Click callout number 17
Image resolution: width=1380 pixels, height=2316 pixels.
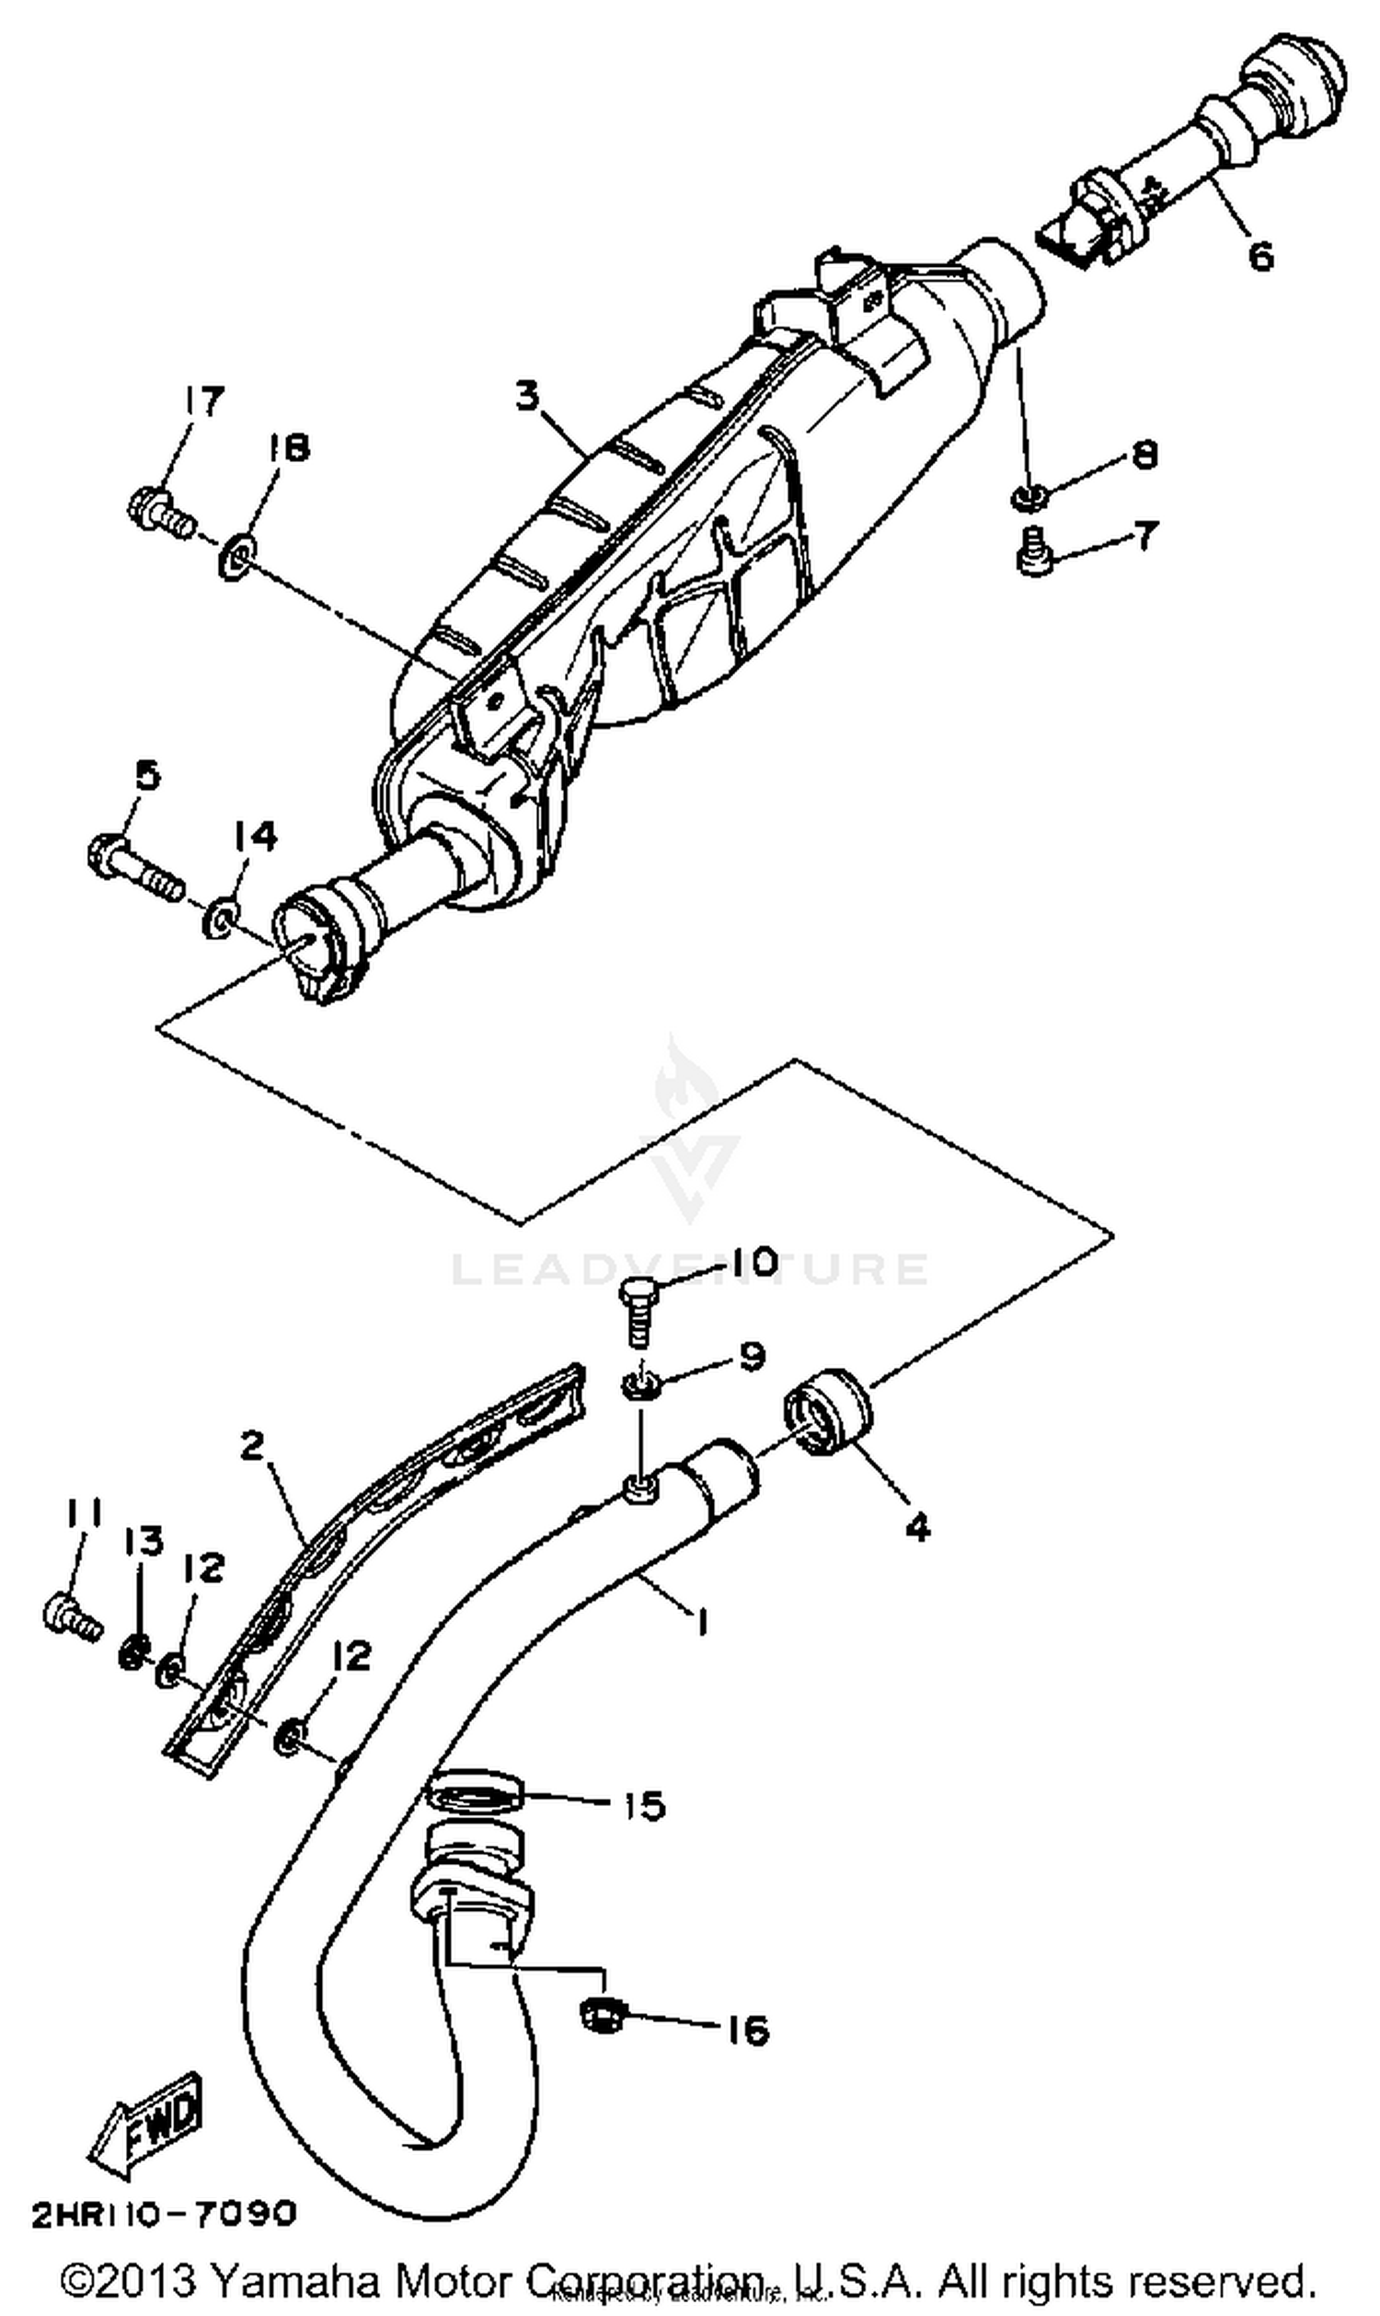(201, 403)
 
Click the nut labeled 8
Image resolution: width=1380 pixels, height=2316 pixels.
(1028, 498)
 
